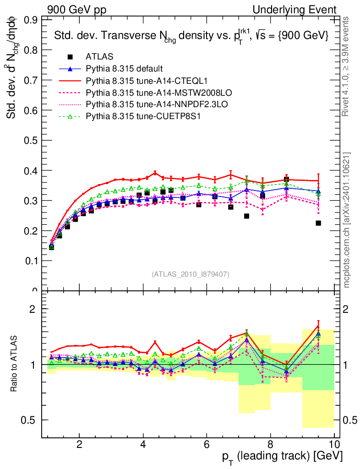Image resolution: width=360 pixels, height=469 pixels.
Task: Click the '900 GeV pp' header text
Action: tap(76, 10)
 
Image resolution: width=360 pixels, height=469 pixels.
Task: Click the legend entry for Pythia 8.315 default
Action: tap(124, 69)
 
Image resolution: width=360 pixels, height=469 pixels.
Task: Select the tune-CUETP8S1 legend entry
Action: tap(144, 116)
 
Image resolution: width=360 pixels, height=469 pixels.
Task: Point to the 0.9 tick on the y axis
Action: tap(31, 20)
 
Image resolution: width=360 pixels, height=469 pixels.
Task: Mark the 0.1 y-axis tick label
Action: tap(31, 261)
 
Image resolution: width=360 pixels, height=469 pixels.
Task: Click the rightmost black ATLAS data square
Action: tap(318, 223)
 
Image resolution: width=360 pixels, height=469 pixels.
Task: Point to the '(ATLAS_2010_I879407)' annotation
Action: tap(191, 274)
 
